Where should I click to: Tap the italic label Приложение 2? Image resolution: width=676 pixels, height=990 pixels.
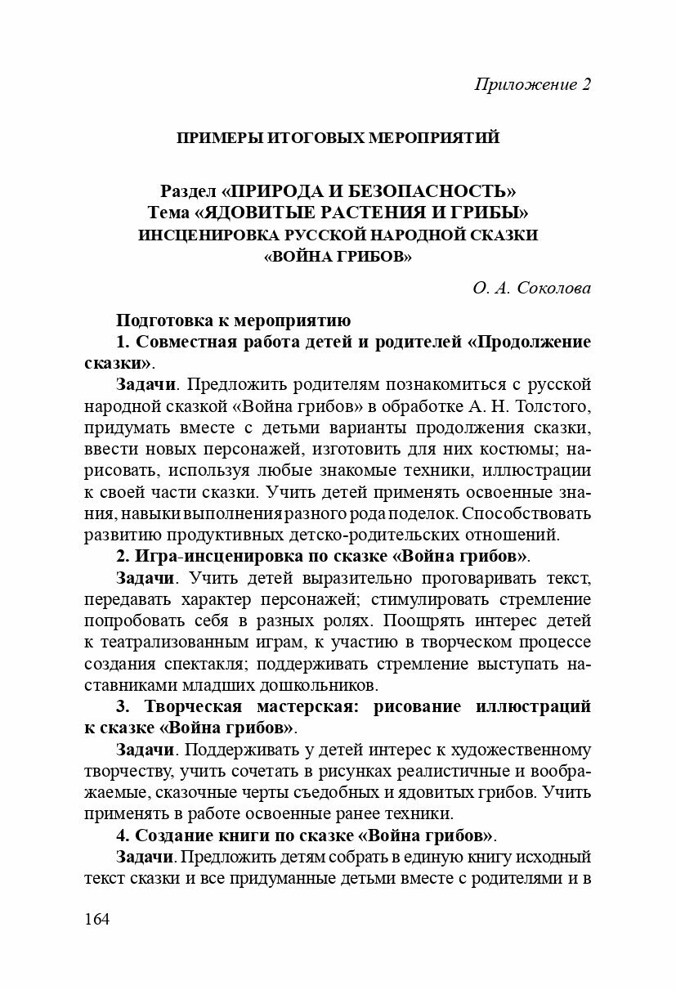[x=532, y=84]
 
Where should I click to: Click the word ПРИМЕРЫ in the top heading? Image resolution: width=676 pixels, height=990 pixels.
[x=217, y=137]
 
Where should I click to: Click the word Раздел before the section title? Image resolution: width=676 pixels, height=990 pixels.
[x=188, y=191]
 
